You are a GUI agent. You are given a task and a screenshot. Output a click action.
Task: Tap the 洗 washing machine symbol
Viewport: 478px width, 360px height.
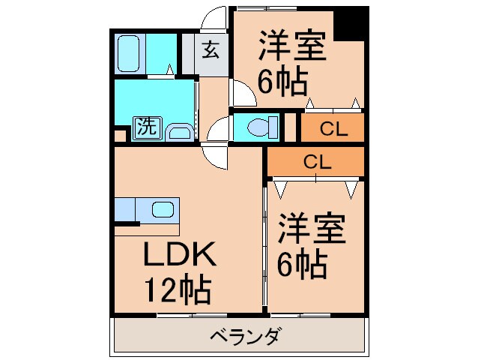click(145, 127)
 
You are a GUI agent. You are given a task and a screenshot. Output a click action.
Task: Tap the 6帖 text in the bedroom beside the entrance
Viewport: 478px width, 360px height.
click(283, 80)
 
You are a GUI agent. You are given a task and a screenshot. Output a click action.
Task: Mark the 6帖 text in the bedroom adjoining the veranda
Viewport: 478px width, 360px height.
click(302, 263)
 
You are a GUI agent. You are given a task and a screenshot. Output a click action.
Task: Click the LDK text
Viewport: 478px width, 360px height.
click(180, 255)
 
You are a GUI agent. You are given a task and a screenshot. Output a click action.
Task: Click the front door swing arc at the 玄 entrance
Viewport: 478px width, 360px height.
click(215, 18)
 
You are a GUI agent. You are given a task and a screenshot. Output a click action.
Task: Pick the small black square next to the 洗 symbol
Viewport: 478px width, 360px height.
click(119, 136)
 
